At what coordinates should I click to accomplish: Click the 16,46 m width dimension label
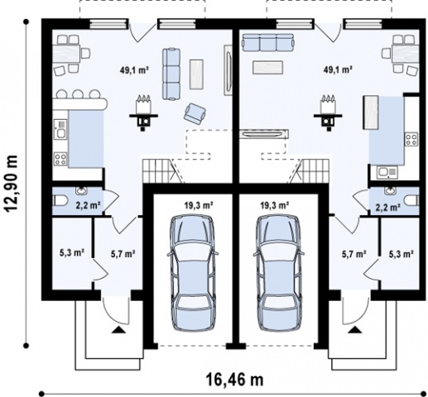pyautogui.click(x=234, y=380)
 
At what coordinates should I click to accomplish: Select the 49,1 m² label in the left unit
pyautogui.click(x=134, y=70)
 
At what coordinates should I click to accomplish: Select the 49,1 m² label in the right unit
pyautogui.click(x=338, y=69)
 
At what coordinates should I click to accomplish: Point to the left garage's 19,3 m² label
pyautogui.click(x=199, y=205)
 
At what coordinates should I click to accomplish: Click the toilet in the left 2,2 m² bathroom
pyautogui.click(x=60, y=201)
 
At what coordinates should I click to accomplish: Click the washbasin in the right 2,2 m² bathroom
pyautogui.click(x=390, y=190)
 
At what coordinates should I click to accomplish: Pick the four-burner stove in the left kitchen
pyautogui.click(x=60, y=159)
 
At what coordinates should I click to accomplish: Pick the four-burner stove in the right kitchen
pyautogui.click(x=411, y=139)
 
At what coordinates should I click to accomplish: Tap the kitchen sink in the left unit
pyautogui.click(x=60, y=129)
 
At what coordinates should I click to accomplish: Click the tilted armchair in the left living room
pyautogui.click(x=195, y=113)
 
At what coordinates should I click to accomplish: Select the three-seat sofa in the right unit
pyautogui.click(x=267, y=43)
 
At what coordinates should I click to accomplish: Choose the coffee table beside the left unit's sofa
pyautogui.click(x=196, y=74)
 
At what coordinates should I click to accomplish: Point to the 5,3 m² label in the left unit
pyautogui.click(x=72, y=252)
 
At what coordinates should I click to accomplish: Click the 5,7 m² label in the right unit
pyautogui.click(x=354, y=254)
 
